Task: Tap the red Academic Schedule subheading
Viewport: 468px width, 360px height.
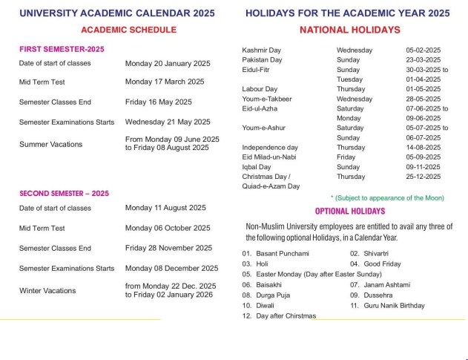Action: click(x=128, y=30)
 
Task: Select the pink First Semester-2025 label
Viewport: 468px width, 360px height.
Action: click(x=62, y=49)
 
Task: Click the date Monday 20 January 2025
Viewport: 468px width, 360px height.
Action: click(x=168, y=63)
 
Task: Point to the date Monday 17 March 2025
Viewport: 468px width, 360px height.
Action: click(x=165, y=82)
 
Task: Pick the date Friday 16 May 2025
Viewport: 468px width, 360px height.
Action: click(x=159, y=102)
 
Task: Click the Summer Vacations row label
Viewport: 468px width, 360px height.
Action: click(x=50, y=144)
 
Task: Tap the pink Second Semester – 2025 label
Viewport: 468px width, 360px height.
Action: click(x=64, y=193)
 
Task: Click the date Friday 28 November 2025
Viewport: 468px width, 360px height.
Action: click(x=168, y=248)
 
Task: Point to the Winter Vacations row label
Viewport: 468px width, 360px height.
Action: click(x=47, y=291)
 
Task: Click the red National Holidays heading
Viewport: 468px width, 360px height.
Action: click(x=349, y=30)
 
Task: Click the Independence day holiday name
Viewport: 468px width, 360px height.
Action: click(x=270, y=148)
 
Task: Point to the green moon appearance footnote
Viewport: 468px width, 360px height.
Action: click(x=387, y=198)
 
